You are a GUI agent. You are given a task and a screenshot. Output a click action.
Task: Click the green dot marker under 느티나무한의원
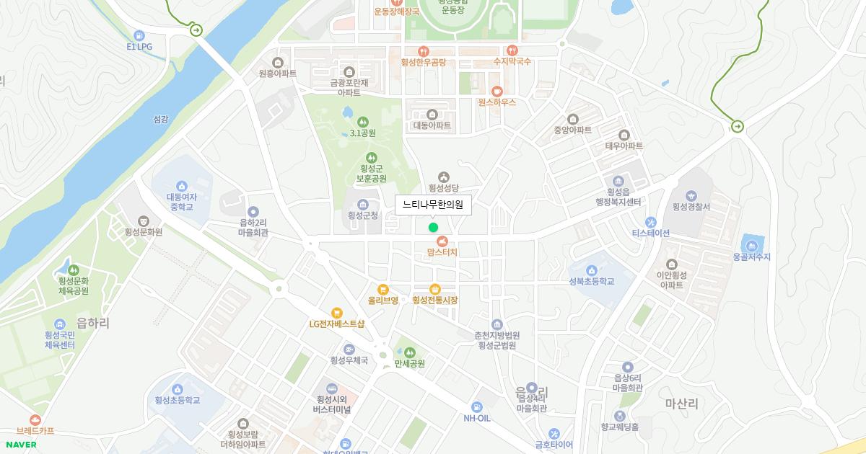pos(433,228)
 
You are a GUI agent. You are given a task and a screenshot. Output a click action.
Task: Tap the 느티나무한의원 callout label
pos(433,205)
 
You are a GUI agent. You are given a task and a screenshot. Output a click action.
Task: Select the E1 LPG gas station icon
pos(139,35)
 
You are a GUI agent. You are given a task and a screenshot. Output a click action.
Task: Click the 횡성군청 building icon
pos(363,204)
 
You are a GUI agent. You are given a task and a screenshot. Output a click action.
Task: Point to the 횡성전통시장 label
pos(435,300)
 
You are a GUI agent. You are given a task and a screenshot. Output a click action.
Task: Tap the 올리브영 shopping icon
pos(383,289)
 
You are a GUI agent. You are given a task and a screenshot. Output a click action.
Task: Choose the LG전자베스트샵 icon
pos(336,313)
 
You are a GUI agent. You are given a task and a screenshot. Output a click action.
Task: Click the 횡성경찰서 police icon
pos(691,195)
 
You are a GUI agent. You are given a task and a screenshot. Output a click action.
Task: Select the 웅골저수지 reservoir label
pos(752,257)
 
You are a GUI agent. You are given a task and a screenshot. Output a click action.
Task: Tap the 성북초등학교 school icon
pos(592,270)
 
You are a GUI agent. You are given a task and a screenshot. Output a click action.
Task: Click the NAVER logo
pos(20,445)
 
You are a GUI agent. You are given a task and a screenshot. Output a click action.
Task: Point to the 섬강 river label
pos(161,119)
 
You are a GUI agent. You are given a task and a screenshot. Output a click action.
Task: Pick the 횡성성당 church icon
pos(444,177)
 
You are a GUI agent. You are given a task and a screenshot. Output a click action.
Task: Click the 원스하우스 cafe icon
pos(497,91)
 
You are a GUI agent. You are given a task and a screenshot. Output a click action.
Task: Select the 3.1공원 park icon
pos(362,122)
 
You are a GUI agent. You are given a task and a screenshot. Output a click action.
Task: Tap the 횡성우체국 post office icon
pos(349,349)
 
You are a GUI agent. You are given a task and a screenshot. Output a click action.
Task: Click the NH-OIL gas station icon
pos(477,406)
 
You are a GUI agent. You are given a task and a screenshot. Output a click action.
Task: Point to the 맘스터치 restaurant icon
pos(442,241)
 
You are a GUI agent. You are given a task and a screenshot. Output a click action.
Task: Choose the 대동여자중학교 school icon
pos(181,185)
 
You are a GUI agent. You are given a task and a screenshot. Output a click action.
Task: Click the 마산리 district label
pos(681,404)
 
